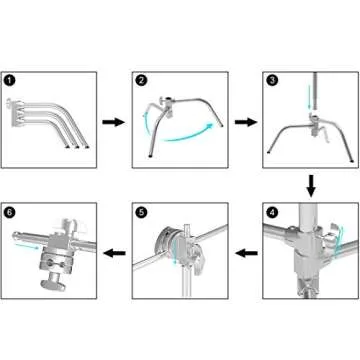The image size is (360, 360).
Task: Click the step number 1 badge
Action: tap(9, 80)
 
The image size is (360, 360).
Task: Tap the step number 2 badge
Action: tap(141, 81)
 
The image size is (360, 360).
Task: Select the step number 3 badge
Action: tap(272, 81)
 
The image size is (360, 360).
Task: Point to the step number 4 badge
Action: tap(272, 212)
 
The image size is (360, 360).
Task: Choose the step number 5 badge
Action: tap(141, 212)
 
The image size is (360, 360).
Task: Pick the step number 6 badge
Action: tap(9, 212)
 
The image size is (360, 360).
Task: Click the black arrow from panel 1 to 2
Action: tap(113, 122)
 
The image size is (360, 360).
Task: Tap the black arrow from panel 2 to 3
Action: tap(246, 122)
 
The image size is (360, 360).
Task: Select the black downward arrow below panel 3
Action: tap(311, 185)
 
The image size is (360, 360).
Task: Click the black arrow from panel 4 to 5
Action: tap(246, 254)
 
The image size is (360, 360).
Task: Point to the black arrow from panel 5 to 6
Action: tap(114, 254)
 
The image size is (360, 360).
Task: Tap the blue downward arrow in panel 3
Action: tap(309, 98)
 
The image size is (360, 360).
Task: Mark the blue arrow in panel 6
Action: tap(26, 246)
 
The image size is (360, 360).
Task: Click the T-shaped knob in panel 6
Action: tap(52, 281)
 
